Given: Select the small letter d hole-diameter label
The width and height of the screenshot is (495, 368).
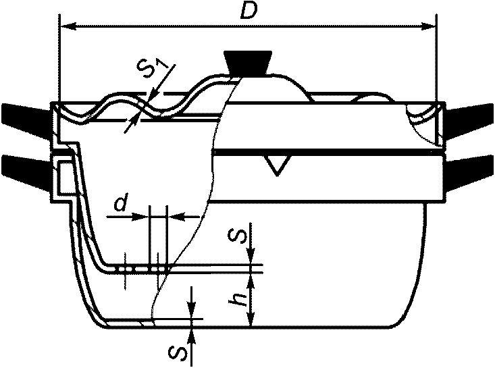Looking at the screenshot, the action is pyautogui.click(x=120, y=203).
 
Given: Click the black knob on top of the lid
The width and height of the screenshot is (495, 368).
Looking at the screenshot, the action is pyautogui.click(x=247, y=63).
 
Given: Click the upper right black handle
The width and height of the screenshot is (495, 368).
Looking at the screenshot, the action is pyautogui.click(x=469, y=120).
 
